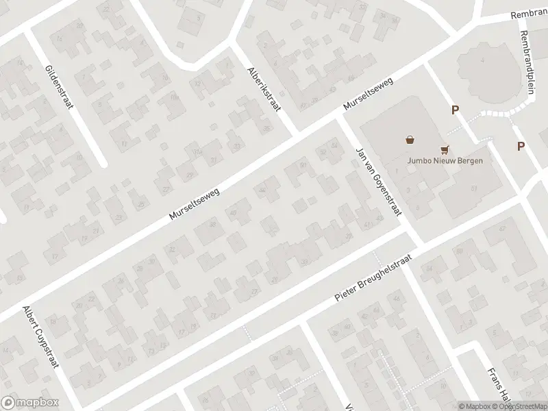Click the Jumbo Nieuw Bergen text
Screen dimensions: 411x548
[x=445, y=161]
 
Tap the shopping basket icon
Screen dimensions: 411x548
[x=410, y=139]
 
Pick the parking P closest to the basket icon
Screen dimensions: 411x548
[x=453, y=110]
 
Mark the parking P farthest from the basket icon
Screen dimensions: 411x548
[x=521, y=146]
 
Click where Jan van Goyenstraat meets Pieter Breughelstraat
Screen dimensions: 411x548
[x=410, y=238]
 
